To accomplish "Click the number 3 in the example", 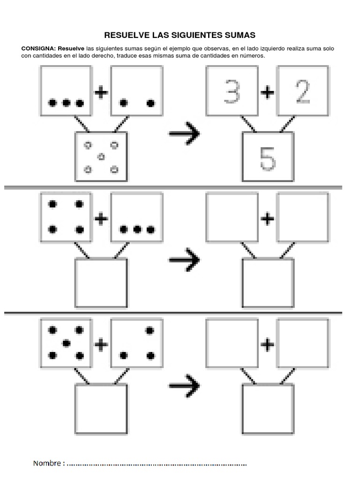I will pos(232,91).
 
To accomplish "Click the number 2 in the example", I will pos(302,91).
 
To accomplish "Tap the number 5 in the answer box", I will pos(268,160).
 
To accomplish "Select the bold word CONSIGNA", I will pos(38,49).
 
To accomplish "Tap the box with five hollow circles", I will pos(101,157).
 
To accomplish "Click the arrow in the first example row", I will pos(184,133).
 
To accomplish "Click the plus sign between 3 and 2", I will pos(267,92).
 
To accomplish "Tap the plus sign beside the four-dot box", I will pos(101,218).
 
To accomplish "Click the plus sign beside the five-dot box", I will pos(101,345).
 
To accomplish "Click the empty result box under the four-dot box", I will pos(101,283).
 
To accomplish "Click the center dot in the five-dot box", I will pos(67,343).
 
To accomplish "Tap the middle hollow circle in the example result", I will pos(100,157).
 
